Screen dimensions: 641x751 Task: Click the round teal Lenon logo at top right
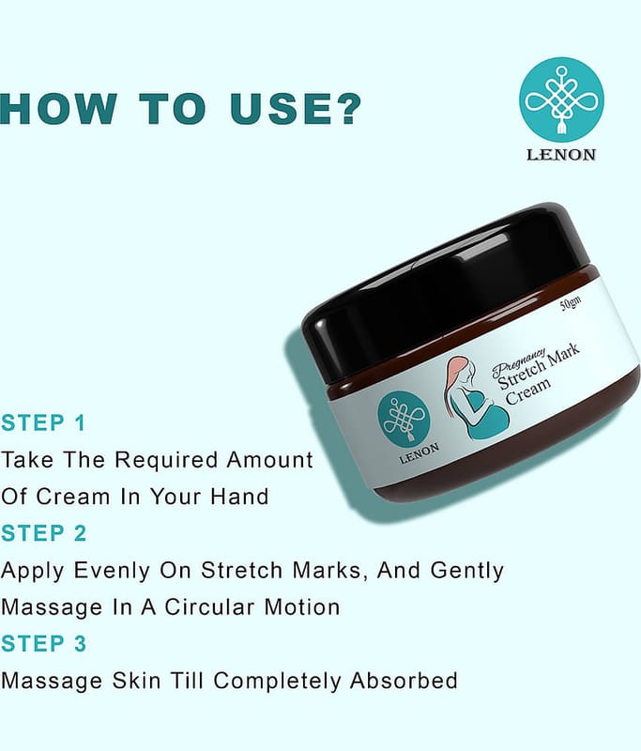click(561, 100)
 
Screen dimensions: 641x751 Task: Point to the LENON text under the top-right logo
click(561, 155)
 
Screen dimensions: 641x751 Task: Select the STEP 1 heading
click(43, 423)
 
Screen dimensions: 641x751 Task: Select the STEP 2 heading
click(43, 533)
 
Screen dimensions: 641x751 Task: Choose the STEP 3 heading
click(43, 643)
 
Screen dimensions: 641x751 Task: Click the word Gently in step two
click(466, 571)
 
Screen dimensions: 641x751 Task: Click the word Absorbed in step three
click(404, 681)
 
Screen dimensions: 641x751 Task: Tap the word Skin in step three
click(136, 681)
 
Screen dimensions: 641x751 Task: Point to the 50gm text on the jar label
click(572, 303)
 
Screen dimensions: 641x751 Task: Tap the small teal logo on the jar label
click(404, 418)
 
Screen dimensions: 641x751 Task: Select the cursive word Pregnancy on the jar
click(518, 362)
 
